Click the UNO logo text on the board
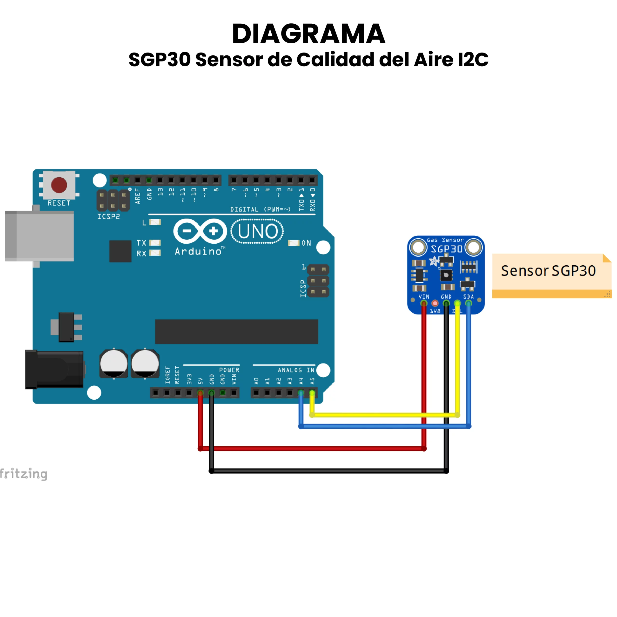[257, 231]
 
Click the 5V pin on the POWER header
[200, 392]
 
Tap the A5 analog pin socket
[312, 392]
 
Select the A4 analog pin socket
[301, 392]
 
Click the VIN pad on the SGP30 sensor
[424, 303]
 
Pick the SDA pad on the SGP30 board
[469, 303]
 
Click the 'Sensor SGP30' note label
[548, 271]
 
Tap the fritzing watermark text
[24, 473]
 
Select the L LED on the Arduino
[155, 222]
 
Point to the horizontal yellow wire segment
[383, 415]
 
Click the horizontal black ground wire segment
[329, 471]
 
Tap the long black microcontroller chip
[237, 331]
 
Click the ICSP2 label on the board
[109, 216]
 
